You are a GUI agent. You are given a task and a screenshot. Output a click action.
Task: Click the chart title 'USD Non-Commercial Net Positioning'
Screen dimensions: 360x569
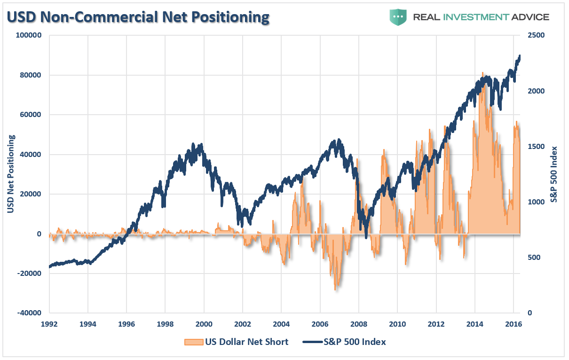(138, 17)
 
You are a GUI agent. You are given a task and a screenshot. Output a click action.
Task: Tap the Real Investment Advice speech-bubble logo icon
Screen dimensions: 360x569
(398, 17)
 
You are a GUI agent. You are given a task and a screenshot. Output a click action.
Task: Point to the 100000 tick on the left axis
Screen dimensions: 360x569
(30, 35)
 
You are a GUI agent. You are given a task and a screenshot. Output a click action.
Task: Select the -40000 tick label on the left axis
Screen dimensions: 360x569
(30, 313)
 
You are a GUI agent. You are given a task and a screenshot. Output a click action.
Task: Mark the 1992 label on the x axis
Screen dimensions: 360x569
(49, 324)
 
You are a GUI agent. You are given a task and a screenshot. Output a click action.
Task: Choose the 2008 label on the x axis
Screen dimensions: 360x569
(358, 324)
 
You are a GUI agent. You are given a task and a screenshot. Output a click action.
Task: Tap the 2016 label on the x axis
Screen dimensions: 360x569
(513, 324)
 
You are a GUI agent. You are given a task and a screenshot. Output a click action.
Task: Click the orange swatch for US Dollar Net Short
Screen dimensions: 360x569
(193, 342)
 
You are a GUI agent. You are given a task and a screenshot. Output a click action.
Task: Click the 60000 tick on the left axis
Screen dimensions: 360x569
(32, 115)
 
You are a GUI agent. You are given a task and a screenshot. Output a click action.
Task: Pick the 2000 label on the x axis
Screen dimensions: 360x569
(204, 324)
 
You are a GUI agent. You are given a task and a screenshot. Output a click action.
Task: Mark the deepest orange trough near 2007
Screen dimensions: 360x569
(336, 290)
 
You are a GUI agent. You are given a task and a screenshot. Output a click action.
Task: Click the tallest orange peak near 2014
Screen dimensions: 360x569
(482, 73)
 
